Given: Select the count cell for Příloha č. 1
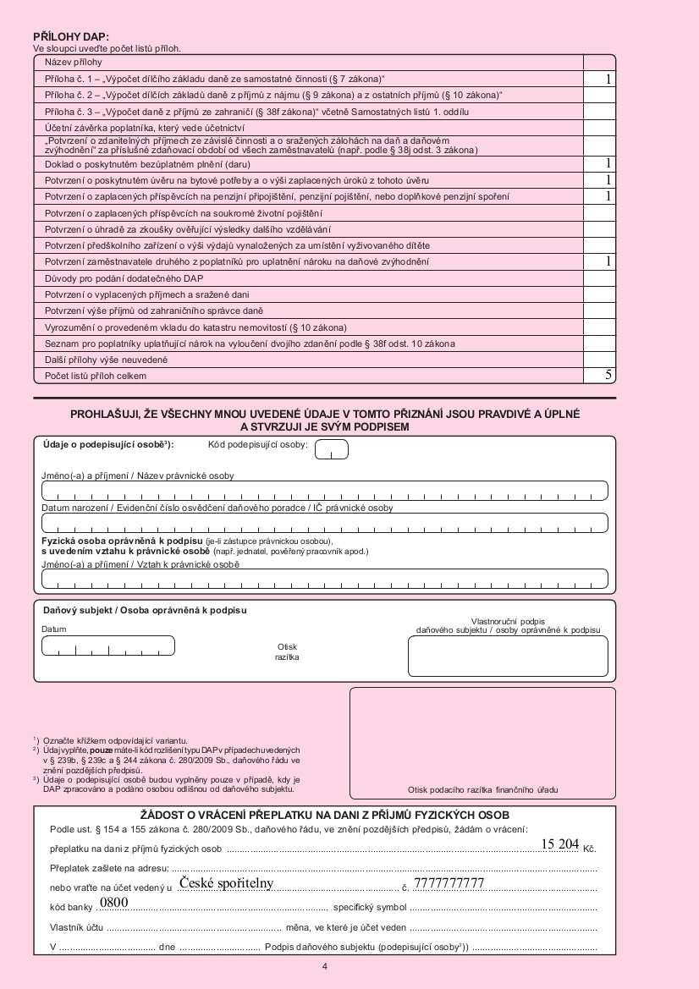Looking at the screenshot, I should pos(599,79).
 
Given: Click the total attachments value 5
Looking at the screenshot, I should pos(599,374).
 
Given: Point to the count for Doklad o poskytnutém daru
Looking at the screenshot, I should pos(599,163).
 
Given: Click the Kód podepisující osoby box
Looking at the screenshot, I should pos(332,451).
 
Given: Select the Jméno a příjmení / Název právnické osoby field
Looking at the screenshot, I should pos(325,491).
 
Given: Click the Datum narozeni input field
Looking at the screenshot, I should pos(325,523).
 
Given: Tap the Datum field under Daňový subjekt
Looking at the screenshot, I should pos(107,646).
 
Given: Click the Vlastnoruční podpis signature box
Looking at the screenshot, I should pos(508,656).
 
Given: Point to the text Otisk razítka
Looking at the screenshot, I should pos(287,651).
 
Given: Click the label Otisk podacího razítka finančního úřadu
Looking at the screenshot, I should pos(482,790).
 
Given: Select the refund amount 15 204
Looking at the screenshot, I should pos(559,843).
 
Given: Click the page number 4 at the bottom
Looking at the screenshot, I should pos(326,965).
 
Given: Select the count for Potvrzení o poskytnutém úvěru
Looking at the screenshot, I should pos(599,180).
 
